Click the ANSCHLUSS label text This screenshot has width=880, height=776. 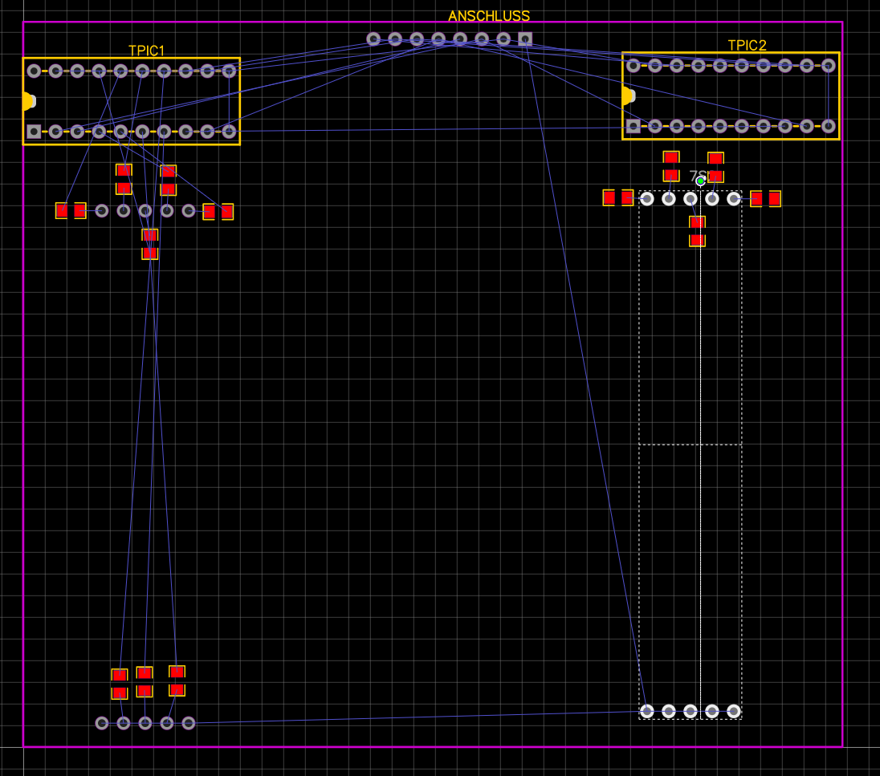[488, 17]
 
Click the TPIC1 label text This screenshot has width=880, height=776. [146, 51]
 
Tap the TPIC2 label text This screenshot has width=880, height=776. [747, 46]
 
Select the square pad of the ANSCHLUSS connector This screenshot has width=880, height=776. [525, 39]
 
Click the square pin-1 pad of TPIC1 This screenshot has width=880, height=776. [34, 131]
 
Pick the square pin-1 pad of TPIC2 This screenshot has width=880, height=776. [634, 126]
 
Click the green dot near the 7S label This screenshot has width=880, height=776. [700, 181]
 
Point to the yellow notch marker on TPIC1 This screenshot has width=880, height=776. [26, 101]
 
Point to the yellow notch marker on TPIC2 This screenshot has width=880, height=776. [627, 96]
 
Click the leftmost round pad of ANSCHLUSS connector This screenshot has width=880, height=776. [373, 39]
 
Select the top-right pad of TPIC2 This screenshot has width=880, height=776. [829, 66]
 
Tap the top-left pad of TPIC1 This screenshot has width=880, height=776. [34, 71]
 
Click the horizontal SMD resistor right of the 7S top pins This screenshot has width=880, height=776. [765, 198]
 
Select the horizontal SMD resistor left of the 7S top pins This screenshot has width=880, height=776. [618, 197]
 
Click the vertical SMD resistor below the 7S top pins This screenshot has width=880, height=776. [697, 230]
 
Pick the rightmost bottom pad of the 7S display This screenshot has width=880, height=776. [733, 711]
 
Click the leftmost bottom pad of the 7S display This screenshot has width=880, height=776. [647, 711]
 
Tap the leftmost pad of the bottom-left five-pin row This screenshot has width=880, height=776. [102, 723]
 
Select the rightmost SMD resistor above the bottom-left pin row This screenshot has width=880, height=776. [177, 681]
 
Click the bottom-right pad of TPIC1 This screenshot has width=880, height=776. [229, 131]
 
